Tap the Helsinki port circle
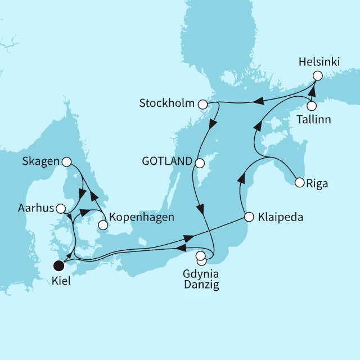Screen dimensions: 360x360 click(x=318, y=75)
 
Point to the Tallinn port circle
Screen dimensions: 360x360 click(x=311, y=106)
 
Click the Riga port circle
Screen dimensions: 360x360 click(x=299, y=182)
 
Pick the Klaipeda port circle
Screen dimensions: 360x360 click(x=248, y=216)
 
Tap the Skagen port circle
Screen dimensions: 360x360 click(x=66, y=162)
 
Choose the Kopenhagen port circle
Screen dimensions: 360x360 click(x=102, y=225)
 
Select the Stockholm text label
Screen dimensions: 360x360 click(x=166, y=104)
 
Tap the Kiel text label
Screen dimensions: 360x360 click(x=61, y=281)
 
